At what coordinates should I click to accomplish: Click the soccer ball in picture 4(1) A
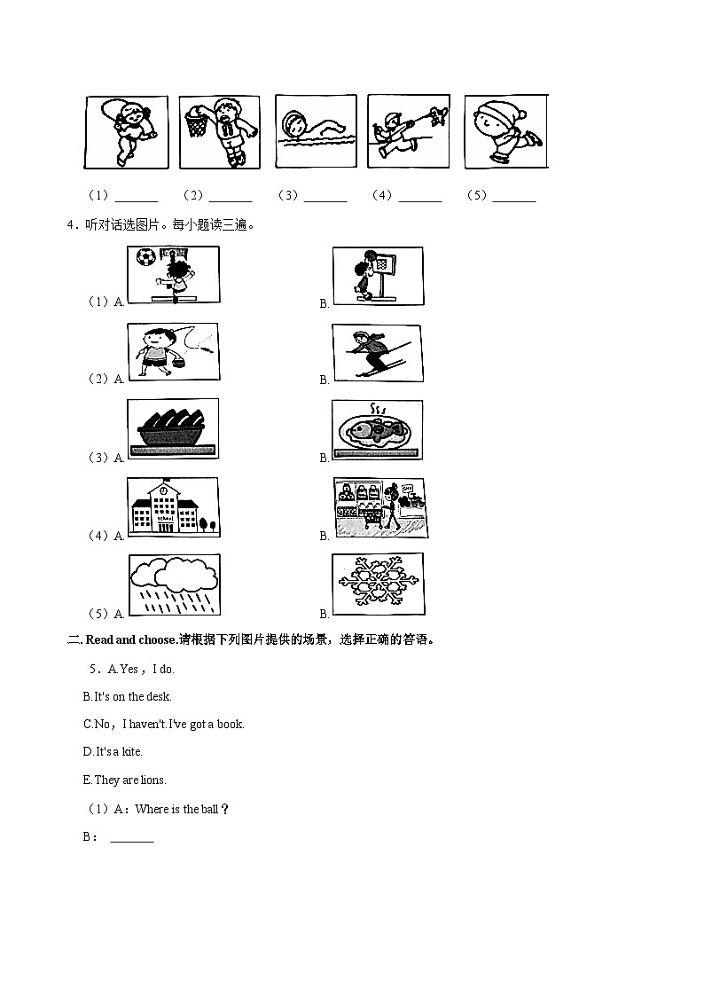pos(145,256)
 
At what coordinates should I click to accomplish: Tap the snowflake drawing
pos(379,584)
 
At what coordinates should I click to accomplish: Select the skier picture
pos(377,353)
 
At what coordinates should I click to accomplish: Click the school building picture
pos(173,507)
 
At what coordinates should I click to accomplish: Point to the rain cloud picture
pos(175,584)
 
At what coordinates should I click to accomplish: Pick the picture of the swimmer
pos(316,131)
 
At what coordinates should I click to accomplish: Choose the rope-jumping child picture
pos(126,132)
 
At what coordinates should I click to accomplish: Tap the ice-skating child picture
pos(506,132)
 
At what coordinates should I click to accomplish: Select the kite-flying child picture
pos(408,131)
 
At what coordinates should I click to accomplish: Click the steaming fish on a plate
pos(377,430)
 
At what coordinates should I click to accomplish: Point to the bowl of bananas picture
pos(173,428)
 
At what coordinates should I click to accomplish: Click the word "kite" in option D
pos(131,751)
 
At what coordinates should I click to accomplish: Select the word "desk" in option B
pos(159,697)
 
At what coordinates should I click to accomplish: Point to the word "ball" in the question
pos(209,809)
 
